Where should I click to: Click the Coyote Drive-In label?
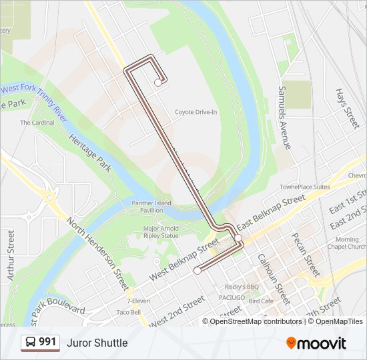click(x=196, y=112)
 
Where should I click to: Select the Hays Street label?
click(x=347, y=108)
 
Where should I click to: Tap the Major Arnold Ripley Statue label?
click(x=161, y=231)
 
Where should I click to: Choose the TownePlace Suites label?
click(x=304, y=187)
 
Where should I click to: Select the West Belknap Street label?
click(x=184, y=259)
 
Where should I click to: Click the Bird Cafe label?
click(x=261, y=301)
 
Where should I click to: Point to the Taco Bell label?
click(x=128, y=312)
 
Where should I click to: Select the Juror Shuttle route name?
click(x=97, y=343)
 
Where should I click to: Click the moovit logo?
click(x=316, y=343)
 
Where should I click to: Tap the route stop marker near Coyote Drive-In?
click(x=157, y=83)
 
